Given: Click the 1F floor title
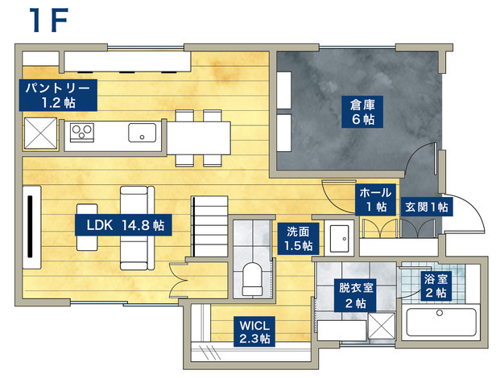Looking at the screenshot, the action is click(48, 20).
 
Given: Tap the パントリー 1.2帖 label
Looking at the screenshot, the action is click(58, 95).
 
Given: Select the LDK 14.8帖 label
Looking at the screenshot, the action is click(123, 225).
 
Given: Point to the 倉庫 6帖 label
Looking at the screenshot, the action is click(362, 112).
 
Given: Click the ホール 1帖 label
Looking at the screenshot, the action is click(376, 199).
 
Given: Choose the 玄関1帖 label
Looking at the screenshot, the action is click(427, 207).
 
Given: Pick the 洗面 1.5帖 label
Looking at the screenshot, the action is click(298, 239).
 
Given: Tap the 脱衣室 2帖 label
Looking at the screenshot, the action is click(356, 295).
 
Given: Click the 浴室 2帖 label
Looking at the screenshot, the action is click(436, 286).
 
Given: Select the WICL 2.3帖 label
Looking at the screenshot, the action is click(254, 331).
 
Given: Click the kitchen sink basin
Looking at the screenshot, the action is click(142, 133).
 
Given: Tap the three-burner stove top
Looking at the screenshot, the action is click(82, 133).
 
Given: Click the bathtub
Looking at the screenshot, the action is click(441, 322).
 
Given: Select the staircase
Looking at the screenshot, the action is click(210, 227).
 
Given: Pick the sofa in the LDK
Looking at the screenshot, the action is click(137, 228).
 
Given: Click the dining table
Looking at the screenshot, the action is click(199, 138).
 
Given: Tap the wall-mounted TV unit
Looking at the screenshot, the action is click(31, 228).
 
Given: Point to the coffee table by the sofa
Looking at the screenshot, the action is click(87, 228).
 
